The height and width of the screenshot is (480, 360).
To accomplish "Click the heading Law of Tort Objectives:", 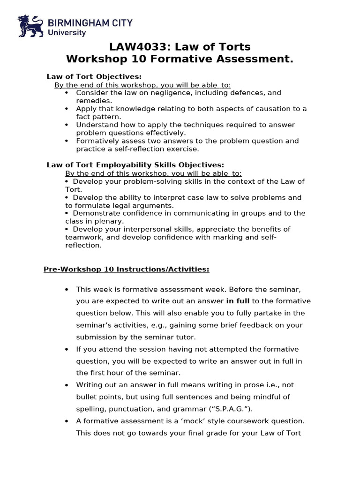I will [x=94, y=76].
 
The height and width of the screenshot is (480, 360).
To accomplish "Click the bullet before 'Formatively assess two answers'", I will [x=67, y=141].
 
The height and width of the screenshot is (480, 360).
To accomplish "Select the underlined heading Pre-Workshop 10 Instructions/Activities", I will [x=126, y=270].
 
